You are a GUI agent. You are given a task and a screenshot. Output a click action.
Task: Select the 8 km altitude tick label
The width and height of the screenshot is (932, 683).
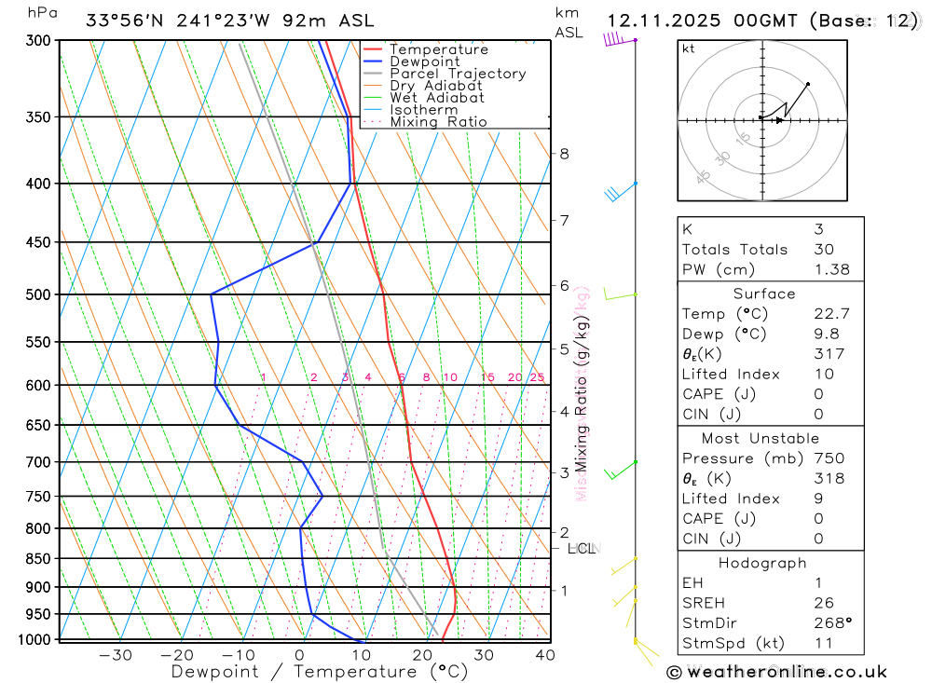[564, 154]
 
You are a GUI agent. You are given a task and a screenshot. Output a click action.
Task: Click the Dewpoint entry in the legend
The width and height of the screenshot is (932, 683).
[424, 61]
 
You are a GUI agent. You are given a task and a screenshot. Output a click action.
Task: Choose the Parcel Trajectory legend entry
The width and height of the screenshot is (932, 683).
[457, 74]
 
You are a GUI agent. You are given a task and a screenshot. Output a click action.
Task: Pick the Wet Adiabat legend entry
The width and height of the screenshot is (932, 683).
[436, 98]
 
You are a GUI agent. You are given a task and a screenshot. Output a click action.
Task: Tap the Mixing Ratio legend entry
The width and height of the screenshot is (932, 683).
[438, 122]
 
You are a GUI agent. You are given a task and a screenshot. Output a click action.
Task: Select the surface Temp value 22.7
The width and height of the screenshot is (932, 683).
[831, 314]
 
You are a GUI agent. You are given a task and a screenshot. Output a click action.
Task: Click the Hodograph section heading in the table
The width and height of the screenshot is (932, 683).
[762, 563]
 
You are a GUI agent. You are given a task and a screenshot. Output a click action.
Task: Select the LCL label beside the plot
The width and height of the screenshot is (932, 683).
[582, 549]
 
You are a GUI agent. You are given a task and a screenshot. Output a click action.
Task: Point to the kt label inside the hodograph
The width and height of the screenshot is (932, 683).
[689, 48]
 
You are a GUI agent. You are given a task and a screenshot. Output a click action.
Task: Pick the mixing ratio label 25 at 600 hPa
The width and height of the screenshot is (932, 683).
[537, 377]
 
